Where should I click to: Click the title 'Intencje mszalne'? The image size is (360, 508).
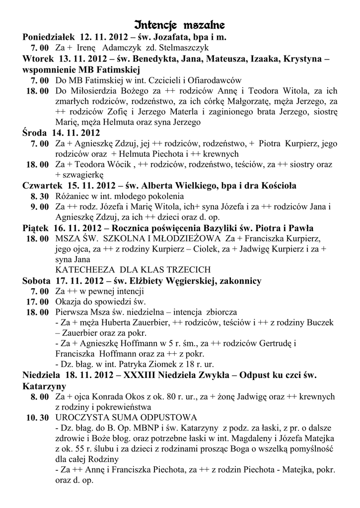pos(180,24)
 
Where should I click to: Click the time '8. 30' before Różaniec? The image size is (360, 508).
pos(39,196)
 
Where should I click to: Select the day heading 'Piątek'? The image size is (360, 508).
pos(36,228)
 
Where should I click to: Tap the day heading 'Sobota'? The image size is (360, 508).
pos(37,281)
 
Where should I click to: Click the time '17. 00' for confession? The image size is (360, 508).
pos(37,302)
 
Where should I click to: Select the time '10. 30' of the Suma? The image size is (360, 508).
pos(37,417)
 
